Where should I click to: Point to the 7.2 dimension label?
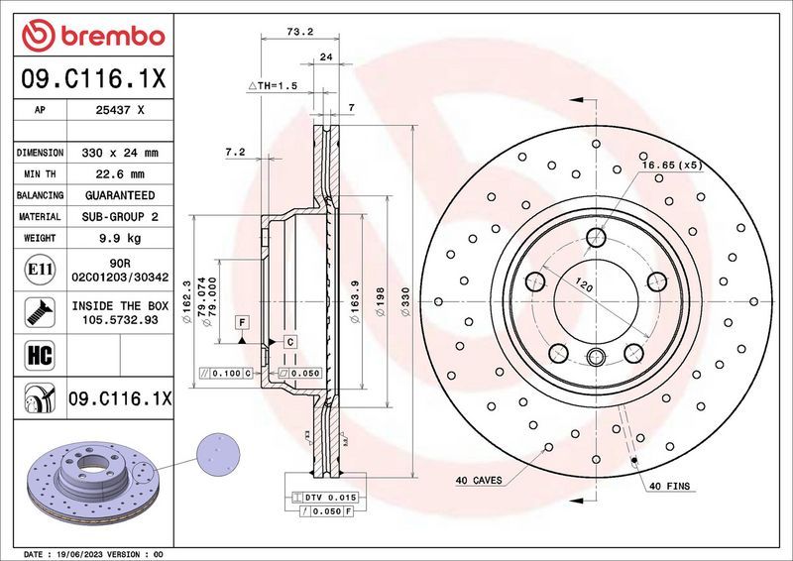click(235, 153)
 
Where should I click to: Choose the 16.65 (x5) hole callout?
click(672, 166)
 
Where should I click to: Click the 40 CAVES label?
click(479, 481)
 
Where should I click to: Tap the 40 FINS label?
click(670, 487)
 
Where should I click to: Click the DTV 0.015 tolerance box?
click(330, 496)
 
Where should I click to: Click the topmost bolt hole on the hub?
click(595, 238)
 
